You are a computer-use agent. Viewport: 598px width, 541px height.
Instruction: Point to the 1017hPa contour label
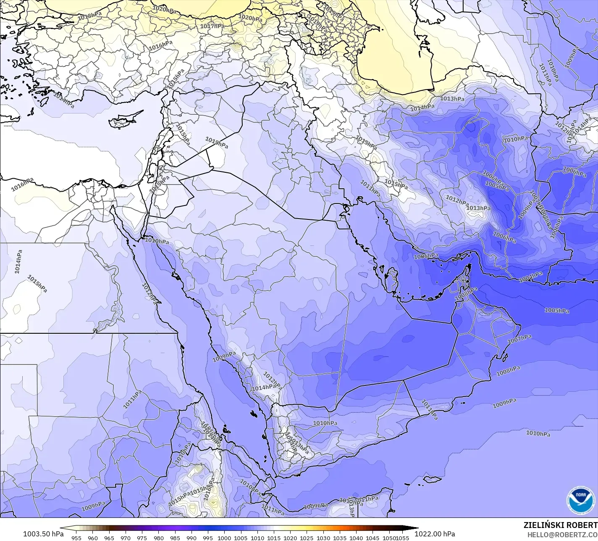coord(212,26)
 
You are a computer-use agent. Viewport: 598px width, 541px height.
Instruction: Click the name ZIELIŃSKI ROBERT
coord(561,525)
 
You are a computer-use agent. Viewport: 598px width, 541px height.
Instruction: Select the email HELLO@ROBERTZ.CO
coord(563,534)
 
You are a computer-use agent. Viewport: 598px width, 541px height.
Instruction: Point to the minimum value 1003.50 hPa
coord(43,534)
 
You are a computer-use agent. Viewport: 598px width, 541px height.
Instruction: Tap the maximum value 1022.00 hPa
coord(435,534)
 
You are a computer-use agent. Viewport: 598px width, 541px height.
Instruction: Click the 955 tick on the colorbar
coord(76,538)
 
